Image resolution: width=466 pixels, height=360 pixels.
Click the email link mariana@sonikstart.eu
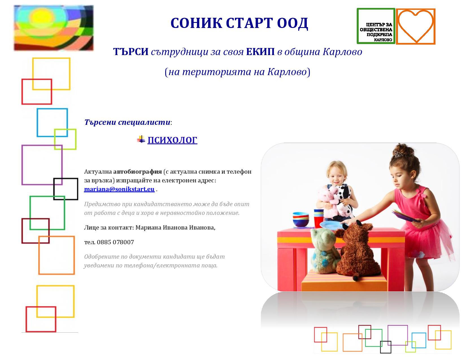point(119,189)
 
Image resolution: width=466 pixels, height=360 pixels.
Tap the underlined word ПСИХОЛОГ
point(172,140)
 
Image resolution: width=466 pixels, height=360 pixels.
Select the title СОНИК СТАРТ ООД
point(239,23)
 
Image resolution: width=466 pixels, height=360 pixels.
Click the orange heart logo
point(415,26)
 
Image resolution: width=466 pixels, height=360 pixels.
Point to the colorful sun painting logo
point(54,28)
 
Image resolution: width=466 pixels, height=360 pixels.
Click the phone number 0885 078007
point(116,242)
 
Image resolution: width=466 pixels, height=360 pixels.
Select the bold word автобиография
point(138,172)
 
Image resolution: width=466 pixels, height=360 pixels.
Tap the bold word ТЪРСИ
point(131,52)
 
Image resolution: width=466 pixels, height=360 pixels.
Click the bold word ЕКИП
point(260,52)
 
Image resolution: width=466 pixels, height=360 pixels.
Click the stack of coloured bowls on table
point(301,219)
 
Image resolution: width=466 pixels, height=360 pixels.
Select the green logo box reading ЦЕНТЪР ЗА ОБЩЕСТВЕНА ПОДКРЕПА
point(376,26)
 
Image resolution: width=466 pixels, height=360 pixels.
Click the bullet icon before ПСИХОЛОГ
point(141,139)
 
